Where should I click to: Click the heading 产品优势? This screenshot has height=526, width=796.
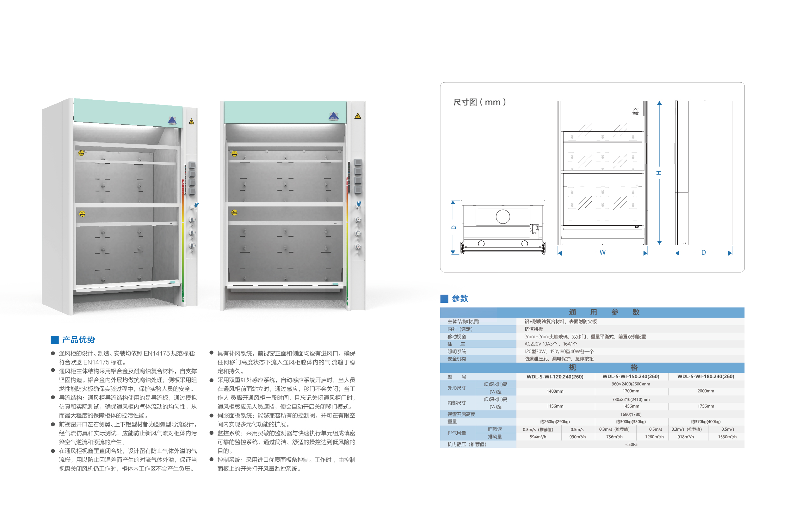click(x=78, y=339)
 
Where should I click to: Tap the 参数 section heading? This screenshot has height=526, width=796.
click(x=460, y=298)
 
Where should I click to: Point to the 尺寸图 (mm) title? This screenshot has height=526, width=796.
click(x=479, y=102)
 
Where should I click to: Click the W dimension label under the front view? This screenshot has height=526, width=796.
click(x=602, y=252)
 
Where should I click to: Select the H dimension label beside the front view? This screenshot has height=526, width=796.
click(x=659, y=173)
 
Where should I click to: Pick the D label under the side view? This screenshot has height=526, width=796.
click(x=704, y=252)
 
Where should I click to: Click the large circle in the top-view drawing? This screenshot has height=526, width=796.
click(x=503, y=216)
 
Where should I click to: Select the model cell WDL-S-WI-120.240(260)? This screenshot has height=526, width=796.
click(x=555, y=377)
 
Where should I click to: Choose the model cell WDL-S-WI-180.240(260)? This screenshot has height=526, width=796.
click(x=706, y=377)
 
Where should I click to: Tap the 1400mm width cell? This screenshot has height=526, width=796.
click(x=555, y=391)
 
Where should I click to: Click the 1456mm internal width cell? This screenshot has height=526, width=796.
click(x=631, y=406)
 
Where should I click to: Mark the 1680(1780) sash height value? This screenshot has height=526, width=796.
click(x=631, y=414)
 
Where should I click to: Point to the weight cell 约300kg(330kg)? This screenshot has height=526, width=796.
click(x=631, y=422)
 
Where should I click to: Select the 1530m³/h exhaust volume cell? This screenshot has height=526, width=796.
click(x=727, y=437)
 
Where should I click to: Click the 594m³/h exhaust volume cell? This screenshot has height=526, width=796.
click(x=538, y=437)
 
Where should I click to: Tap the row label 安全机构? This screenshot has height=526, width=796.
click(x=457, y=358)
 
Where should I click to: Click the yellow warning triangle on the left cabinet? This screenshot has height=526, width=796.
click(x=191, y=121)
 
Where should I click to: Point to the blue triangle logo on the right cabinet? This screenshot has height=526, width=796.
click(x=333, y=116)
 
